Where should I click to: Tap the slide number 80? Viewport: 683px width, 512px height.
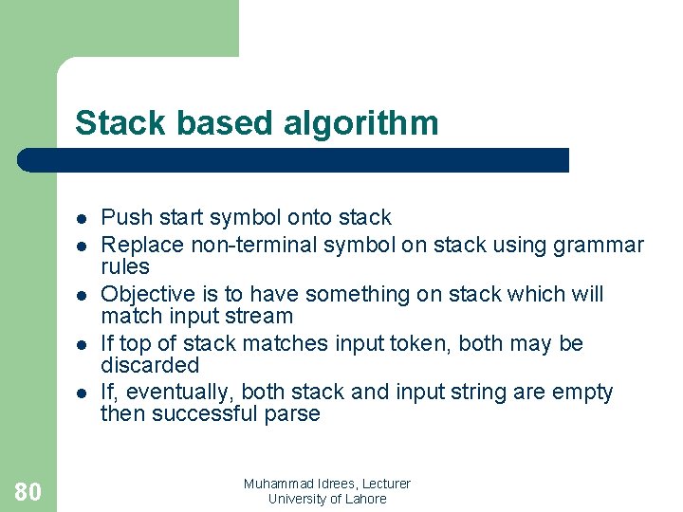click(28, 491)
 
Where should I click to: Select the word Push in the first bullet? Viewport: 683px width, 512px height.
click(123, 218)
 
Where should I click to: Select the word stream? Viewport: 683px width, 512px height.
click(259, 316)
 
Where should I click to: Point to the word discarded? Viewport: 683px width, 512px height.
click(150, 365)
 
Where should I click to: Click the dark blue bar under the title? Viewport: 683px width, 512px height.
click(294, 160)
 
